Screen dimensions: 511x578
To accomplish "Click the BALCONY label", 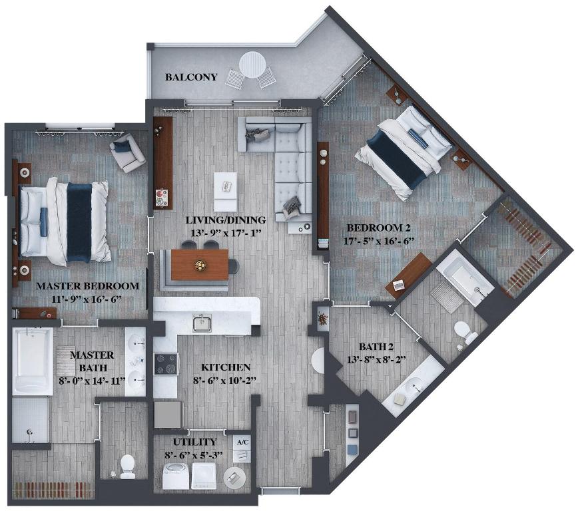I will [x=191, y=77].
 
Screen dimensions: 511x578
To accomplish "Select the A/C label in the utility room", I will [x=241, y=441].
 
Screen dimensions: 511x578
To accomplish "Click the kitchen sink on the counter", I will [x=202, y=323].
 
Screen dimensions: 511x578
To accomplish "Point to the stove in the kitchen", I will [x=166, y=365].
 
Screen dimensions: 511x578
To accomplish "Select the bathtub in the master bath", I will [x=31, y=359].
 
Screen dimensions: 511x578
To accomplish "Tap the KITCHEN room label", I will [x=226, y=367].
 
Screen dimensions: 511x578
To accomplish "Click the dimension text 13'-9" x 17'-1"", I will [x=226, y=232].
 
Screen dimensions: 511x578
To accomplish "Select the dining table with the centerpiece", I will [x=200, y=265].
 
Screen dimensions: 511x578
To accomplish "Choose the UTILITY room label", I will [x=194, y=442].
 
